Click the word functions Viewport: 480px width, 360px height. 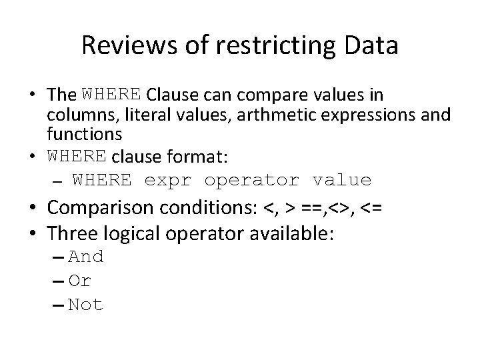(84, 134)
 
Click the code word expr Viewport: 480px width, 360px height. (167, 180)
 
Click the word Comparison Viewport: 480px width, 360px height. (107, 207)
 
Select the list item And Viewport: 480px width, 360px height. (86, 257)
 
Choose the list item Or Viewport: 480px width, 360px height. (80, 281)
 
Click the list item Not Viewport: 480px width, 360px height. (86, 305)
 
